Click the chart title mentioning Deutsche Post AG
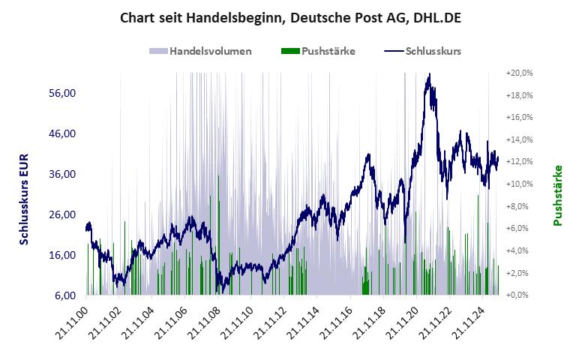click(x=289, y=17)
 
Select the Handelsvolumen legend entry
click(x=200, y=51)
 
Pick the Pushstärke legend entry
click(x=318, y=51)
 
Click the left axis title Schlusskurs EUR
click(x=23, y=199)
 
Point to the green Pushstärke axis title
click(x=557, y=195)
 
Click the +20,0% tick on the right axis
click(x=519, y=73)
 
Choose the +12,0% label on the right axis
click(x=519, y=161)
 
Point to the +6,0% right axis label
click(x=519, y=228)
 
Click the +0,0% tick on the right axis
click(x=519, y=295)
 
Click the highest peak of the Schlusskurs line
click(x=429, y=74)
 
